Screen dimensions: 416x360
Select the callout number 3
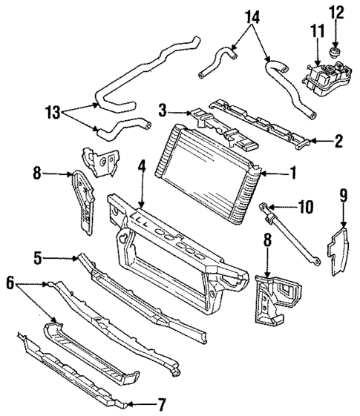point(163,110)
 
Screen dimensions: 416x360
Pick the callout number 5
point(37,258)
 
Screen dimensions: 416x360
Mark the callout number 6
point(10,283)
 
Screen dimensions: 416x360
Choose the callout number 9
point(344,197)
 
